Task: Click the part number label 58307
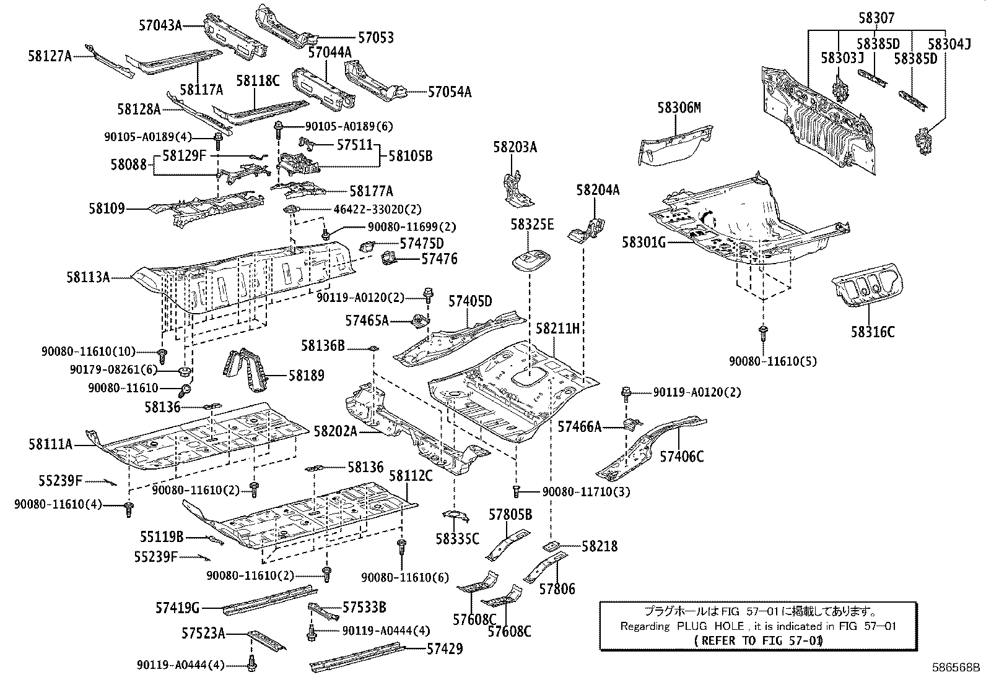876,18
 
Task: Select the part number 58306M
679,108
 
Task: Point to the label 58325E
532,225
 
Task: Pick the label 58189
307,376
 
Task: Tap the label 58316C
873,332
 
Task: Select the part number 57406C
682,457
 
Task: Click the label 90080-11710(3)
586,492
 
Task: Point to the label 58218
600,546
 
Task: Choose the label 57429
445,649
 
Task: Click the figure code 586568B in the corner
956,668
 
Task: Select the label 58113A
88,277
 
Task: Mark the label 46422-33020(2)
377,209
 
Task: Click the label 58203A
515,147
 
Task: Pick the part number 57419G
177,608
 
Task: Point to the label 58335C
457,539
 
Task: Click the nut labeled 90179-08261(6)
185,371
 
